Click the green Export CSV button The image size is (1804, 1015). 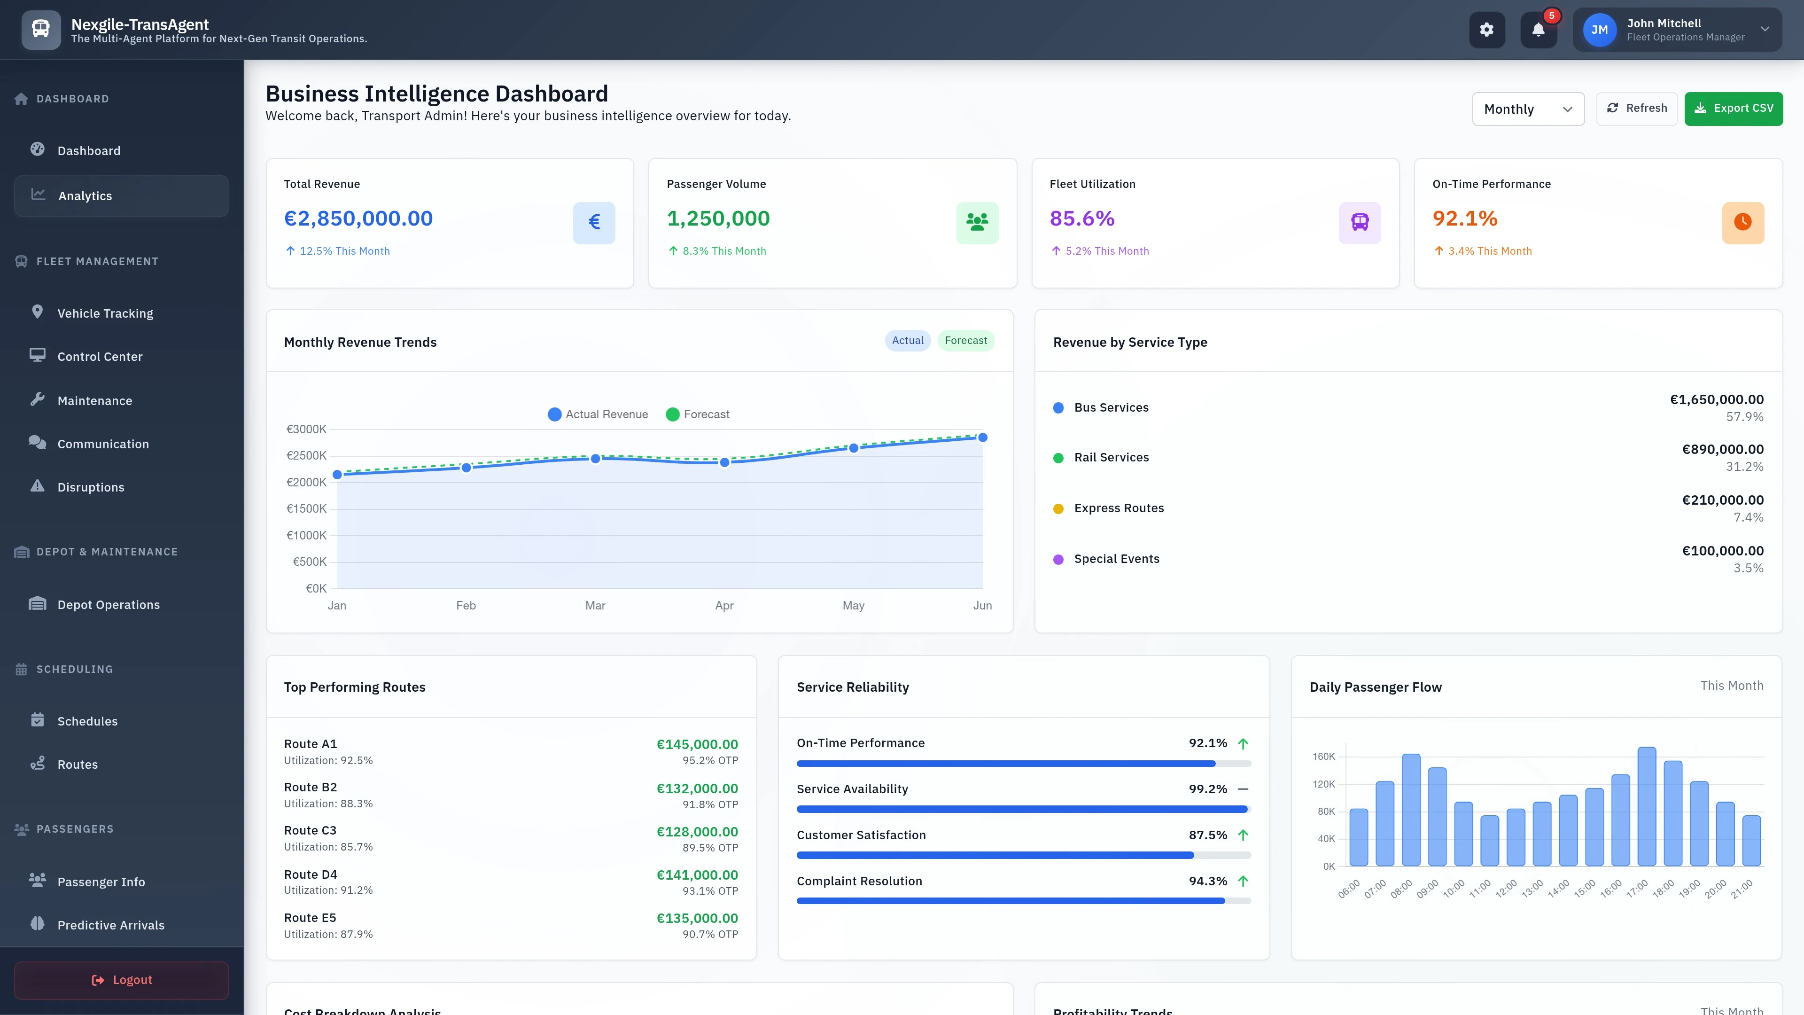pos(1733,109)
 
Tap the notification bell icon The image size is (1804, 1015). pos(1538,30)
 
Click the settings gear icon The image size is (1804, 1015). pos(1486,30)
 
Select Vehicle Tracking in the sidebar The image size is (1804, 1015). pos(105,313)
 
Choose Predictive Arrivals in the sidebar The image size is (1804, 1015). pos(111,925)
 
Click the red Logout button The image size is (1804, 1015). pos(121,980)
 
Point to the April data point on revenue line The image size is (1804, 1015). pos(724,462)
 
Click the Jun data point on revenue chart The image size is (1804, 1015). pos(982,438)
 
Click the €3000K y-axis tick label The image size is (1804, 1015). pos(306,429)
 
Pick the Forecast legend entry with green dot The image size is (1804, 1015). pos(698,414)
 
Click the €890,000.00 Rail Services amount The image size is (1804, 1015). pos(1722,450)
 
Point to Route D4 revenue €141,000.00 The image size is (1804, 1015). pos(697,875)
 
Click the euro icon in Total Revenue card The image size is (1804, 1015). pos(594,223)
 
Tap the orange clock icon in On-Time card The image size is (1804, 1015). pos(1742,223)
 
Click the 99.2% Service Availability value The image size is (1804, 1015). pos(1207,789)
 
